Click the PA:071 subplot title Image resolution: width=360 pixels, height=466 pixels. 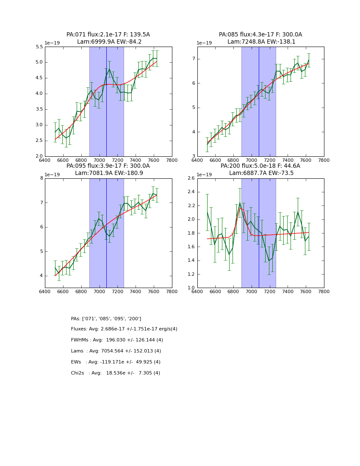point(108,35)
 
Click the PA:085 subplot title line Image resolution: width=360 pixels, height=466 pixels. point(260,35)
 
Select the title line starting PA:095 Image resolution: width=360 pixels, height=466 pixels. point(108,166)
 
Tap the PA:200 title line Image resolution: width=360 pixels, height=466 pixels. point(260,166)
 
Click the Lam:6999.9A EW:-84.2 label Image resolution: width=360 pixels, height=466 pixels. point(109,42)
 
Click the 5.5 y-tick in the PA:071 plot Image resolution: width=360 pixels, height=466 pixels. point(39,47)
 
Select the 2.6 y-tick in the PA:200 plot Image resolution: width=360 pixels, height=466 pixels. point(191,178)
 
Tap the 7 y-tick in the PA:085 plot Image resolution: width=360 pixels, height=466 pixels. point(193,59)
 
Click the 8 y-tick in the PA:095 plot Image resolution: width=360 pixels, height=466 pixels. point(42,178)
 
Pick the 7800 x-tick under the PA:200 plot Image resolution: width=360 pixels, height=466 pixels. point(324,292)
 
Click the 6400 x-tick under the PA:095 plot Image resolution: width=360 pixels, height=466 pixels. point(45,292)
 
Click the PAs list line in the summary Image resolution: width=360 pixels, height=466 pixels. point(106,319)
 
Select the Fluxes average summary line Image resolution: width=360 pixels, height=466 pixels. point(124,329)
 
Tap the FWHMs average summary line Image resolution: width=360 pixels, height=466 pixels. point(117,340)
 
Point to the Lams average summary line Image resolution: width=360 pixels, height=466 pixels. point(116,351)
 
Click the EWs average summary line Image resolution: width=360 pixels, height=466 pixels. point(116,362)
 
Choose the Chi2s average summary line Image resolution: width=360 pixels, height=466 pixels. point(116,373)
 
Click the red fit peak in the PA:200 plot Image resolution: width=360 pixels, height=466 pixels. point(241,208)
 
